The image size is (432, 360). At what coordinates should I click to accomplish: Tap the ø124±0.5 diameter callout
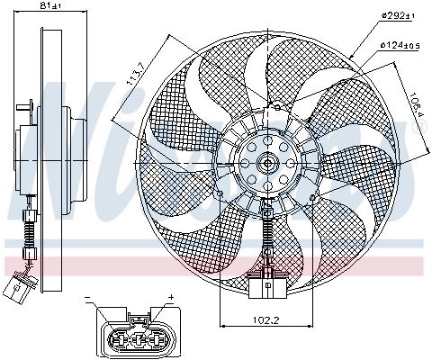coord(400,44)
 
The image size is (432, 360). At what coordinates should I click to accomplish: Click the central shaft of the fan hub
coord(267,164)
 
